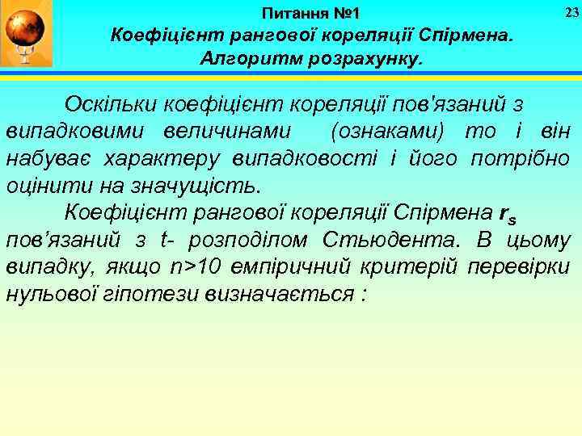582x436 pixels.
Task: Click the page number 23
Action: pyautogui.click(x=571, y=12)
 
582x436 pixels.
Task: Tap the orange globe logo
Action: pyautogui.click(x=26, y=31)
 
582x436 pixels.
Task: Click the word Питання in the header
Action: pyautogui.click(x=293, y=14)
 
